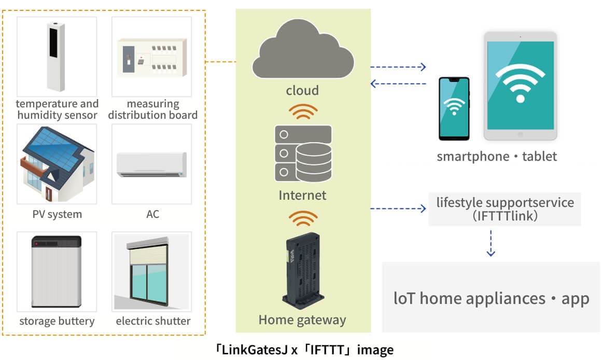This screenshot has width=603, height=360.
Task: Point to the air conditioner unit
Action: [152, 164]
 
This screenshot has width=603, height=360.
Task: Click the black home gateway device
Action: [302, 270]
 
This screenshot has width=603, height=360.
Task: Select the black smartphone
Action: [454, 108]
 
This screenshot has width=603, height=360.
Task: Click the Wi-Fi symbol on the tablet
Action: [520, 83]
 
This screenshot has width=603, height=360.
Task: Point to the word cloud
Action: [302, 91]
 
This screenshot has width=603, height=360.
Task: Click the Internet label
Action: [302, 196]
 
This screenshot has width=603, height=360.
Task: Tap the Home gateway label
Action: [302, 320]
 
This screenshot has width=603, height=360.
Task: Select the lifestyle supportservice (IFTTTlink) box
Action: [504, 209]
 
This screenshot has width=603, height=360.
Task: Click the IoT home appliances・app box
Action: [491, 298]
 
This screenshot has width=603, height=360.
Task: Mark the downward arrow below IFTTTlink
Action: [490, 243]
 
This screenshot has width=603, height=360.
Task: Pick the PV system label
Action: [57, 214]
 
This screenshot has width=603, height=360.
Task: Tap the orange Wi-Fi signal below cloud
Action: [302, 112]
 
